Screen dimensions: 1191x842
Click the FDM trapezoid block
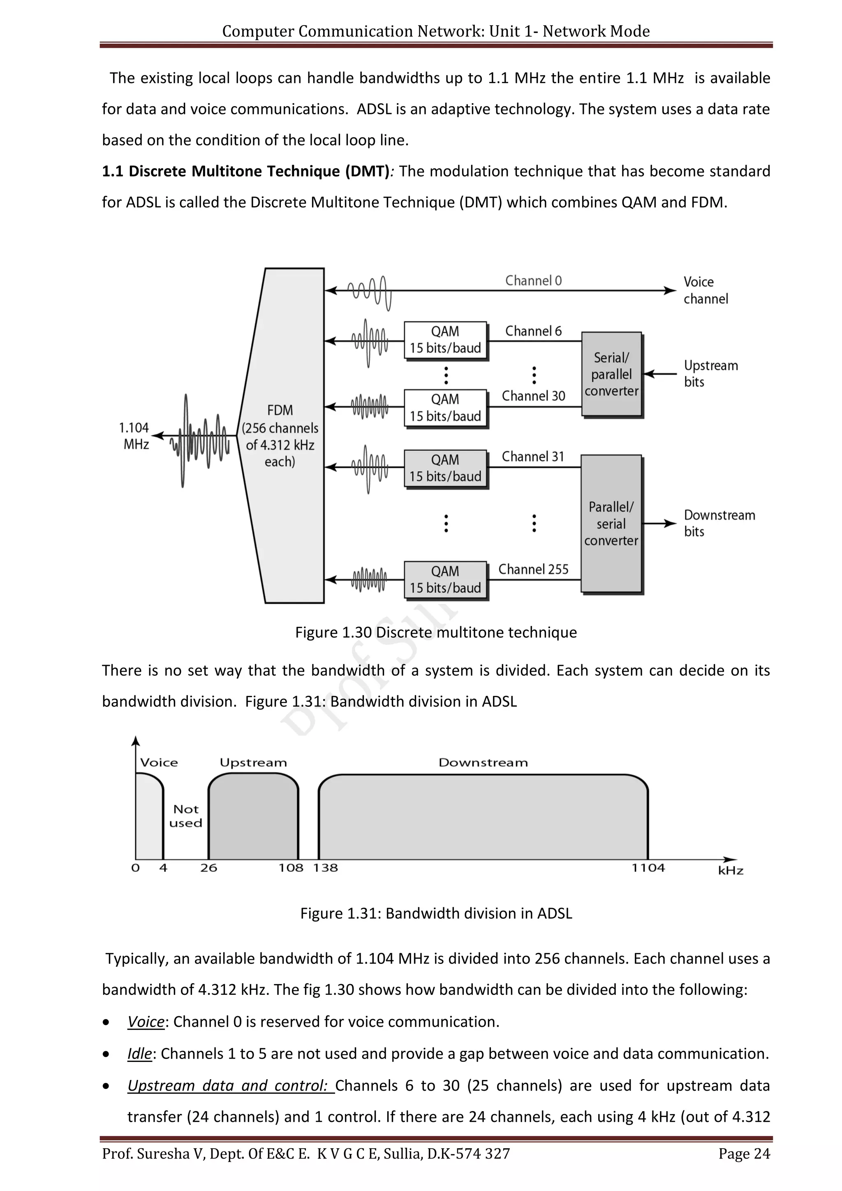(x=282, y=436)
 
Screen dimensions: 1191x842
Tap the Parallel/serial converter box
(x=611, y=524)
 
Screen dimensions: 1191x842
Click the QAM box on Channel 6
(x=445, y=340)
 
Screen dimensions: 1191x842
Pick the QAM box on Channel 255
(x=445, y=579)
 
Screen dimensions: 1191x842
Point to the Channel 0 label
(x=533, y=280)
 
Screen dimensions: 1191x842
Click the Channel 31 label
(x=532, y=456)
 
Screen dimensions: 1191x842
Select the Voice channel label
(x=705, y=290)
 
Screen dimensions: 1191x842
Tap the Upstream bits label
(x=710, y=373)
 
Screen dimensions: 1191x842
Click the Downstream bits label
(x=719, y=523)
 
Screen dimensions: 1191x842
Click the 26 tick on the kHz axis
(x=208, y=868)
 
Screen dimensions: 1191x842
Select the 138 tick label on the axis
(x=325, y=868)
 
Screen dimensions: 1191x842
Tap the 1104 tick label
(x=648, y=868)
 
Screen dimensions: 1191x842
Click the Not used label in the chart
(x=185, y=816)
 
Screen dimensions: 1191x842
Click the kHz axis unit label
(x=730, y=871)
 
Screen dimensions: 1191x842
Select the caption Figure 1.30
(x=435, y=633)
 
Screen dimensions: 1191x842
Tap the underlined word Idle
(x=139, y=1054)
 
